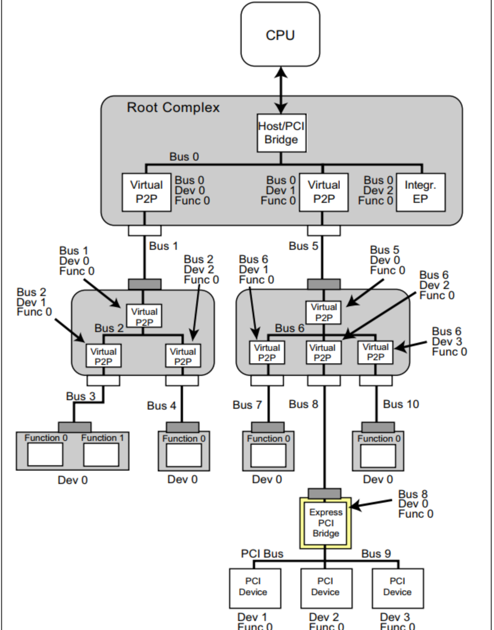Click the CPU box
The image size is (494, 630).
pos(280,34)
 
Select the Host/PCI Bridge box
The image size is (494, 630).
pos(281,133)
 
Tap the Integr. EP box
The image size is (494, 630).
pos(421,192)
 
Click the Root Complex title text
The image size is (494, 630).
pos(173,107)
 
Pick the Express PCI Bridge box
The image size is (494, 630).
pos(326,523)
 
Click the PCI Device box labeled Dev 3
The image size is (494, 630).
pos(398,588)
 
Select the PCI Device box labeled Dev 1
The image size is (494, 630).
pos(255,588)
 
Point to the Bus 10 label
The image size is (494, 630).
pos(401,404)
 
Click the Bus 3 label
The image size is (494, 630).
pos(81,396)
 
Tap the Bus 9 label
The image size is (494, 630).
pos(376,554)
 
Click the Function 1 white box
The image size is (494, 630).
pos(101,454)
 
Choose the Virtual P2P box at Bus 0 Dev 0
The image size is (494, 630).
pos(147,192)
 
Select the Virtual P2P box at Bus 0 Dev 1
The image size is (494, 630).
pos(324,192)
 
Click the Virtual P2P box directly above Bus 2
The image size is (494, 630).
pos(144,316)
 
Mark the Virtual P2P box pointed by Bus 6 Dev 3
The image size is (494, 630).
pos(375,352)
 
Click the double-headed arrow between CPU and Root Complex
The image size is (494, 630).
pos(280,90)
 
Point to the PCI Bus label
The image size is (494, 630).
pos(262,554)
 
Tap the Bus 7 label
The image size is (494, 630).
pos(247,405)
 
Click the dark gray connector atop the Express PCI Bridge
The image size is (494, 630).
pos(324,493)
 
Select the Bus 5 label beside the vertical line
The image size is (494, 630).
pos(304,246)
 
